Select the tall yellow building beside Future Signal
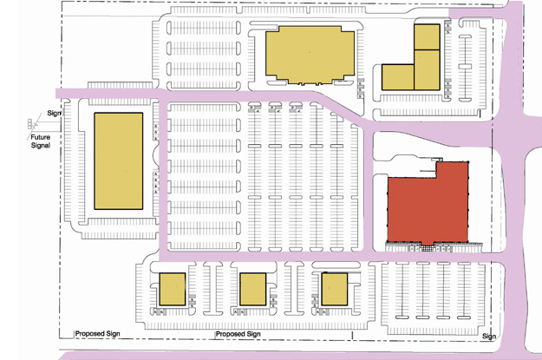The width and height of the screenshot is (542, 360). click(x=119, y=160)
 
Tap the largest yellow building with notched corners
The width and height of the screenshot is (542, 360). click(x=310, y=55)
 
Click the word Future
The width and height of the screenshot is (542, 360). click(x=41, y=137)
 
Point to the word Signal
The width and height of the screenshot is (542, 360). click(x=41, y=145)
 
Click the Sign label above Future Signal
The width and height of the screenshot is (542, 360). click(x=54, y=113)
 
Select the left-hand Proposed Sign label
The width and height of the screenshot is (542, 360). click(x=97, y=334)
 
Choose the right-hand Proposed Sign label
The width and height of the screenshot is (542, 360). click(x=238, y=334)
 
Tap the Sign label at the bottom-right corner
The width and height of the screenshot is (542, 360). click(x=489, y=336)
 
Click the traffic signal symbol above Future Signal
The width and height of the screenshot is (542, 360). click(x=30, y=124)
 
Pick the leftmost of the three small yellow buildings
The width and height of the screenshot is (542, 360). click(x=173, y=289)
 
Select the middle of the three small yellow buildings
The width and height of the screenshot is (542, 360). click(x=253, y=289)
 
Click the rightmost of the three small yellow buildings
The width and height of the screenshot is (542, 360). click(x=334, y=289)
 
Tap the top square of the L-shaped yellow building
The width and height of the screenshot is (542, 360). click(x=427, y=36)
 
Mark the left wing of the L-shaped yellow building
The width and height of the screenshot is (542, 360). click(x=398, y=77)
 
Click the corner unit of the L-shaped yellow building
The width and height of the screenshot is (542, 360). click(x=427, y=70)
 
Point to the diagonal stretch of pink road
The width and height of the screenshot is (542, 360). click(x=343, y=110)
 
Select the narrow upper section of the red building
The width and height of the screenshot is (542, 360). click(x=453, y=170)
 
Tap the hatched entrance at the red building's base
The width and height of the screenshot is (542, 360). click(x=428, y=248)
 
